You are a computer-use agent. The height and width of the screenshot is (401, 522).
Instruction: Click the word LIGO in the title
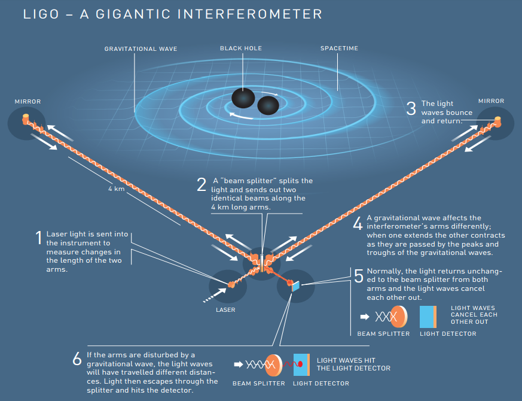[x=41, y=14]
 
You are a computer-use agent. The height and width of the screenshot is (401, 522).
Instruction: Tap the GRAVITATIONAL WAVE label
[x=141, y=49]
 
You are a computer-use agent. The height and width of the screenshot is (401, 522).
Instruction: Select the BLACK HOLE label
[x=241, y=48]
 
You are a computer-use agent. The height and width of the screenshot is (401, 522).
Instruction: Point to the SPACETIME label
[x=339, y=48]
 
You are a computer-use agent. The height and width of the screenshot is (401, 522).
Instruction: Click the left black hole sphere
[x=243, y=98]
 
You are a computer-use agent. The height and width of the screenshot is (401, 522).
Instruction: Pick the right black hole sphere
[x=268, y=105]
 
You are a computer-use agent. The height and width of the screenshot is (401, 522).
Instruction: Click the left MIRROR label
[x=28, y=101]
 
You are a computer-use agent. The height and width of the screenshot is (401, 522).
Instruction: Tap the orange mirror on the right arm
[x=497, y=121]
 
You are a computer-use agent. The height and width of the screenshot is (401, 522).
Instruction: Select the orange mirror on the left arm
[x=26, y=119]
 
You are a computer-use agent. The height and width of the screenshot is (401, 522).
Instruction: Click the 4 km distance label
[x=117, y=189]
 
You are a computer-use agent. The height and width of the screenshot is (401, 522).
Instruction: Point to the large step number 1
[x=39, y=238]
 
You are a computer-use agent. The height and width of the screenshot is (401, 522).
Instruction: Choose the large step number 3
[x=411, y=108]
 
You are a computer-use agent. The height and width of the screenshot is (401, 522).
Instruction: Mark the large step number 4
[x=358, y=223]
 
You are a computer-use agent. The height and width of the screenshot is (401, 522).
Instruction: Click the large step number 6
[x=77, y=359]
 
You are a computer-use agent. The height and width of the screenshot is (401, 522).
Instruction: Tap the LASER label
[x=225, y=310]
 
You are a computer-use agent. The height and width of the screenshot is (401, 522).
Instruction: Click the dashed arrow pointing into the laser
[x=215, y=295]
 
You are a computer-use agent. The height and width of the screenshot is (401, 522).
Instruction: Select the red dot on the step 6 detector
[x=300, y=364]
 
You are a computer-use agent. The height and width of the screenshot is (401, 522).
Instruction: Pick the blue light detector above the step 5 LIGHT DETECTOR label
[x=428, y=317]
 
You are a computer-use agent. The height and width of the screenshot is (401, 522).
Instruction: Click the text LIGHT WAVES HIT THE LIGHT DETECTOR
[x=353, y=364]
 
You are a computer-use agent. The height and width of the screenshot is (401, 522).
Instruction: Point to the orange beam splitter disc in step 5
[x=399, y=317]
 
